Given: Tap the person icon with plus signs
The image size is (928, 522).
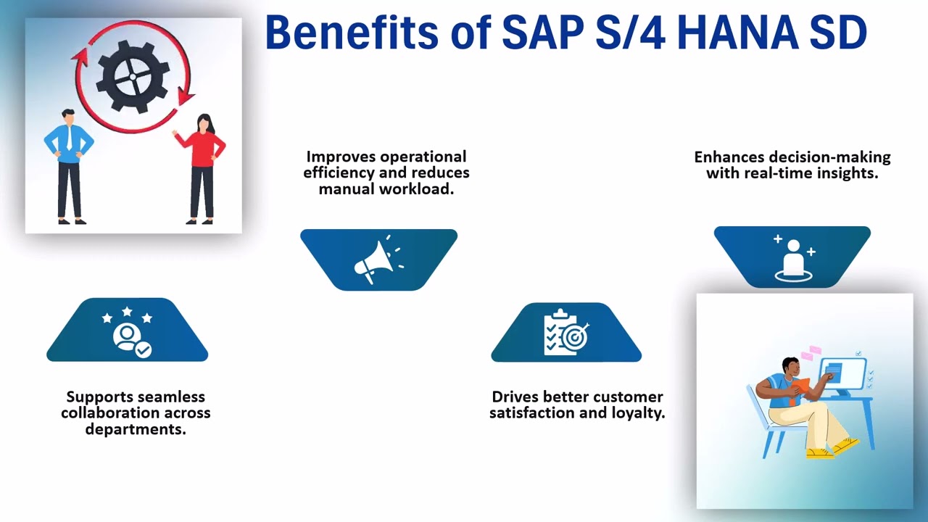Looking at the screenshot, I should tap(792, 257).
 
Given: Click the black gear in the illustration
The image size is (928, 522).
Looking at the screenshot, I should tap(133, 75).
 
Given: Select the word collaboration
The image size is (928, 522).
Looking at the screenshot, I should tap(107, 413).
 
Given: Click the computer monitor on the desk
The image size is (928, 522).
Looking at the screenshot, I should tap(842, 373).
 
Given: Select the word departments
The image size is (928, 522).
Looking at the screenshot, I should tap(136, 428).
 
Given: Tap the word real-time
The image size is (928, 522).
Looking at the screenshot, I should tap(774, 173).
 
